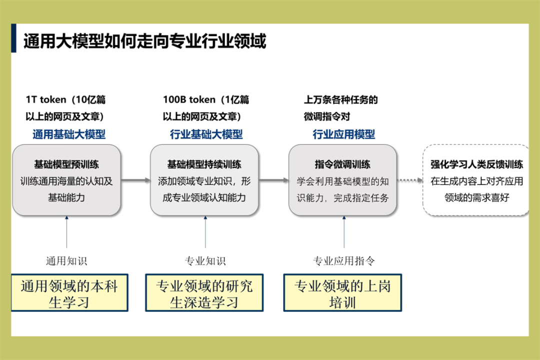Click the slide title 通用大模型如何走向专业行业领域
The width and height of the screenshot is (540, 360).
tap(144, 41)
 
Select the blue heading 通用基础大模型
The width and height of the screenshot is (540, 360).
tap(69, 134)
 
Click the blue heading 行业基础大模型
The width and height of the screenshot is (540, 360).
tap(206, 134)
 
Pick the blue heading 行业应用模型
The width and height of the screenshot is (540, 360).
tap(344, 134)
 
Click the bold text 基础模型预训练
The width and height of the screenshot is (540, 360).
tap(66, 164)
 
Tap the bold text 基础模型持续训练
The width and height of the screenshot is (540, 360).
tap(204, 164)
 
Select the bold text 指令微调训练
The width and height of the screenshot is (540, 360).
tap(342, 164)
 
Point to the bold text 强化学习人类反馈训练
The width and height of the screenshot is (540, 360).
tap(477, 164)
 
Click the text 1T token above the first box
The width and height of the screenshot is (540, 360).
tap(45, 99)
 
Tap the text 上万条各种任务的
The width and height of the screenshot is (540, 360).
tap(341, 99)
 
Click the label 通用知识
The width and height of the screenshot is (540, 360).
tap(66, 260)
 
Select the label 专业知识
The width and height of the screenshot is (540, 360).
tap(205, 260)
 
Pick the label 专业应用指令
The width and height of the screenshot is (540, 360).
tap(343, 260)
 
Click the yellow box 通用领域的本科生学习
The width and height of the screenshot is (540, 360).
tap(69, 293)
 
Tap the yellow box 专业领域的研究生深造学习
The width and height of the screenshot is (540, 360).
tap(204, 293)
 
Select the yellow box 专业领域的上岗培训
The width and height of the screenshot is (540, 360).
tap(342, 293)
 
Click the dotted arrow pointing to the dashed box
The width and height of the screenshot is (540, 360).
tap(409, 180)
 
